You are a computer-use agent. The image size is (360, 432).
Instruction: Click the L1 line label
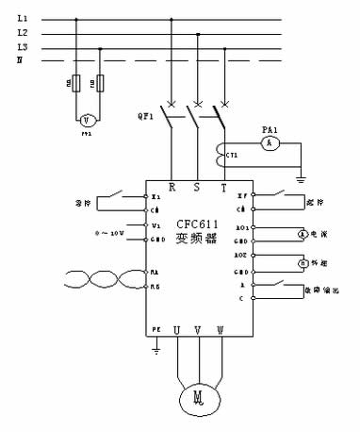click(x=23, y=19)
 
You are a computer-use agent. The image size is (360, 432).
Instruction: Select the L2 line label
click(x=23, y=33)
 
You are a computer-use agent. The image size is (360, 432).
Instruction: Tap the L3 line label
click(x=23, y=47)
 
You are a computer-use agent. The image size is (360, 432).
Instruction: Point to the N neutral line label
click(x=20, y=60)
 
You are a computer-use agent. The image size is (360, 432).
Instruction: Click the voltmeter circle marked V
click(x=86, y=120)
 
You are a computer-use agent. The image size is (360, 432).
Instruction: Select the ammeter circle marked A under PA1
click(x=269, y=141)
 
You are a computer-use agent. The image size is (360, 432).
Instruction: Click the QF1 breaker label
click(x=144, y=117)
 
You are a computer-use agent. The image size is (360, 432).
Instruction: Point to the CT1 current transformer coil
click(x=225, y=151)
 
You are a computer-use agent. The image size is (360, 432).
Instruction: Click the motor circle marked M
click(x=199, y=399)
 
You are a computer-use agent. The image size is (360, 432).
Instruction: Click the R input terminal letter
click(x=172, y=187)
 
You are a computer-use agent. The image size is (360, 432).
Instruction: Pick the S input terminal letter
click(x=197, y=187)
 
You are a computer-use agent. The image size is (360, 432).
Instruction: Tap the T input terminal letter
click(x=223, y=187)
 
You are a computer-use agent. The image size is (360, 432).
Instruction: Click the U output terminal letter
click(x=175, y=330)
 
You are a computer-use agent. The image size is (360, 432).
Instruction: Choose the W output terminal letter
click(x=221, y=330)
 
